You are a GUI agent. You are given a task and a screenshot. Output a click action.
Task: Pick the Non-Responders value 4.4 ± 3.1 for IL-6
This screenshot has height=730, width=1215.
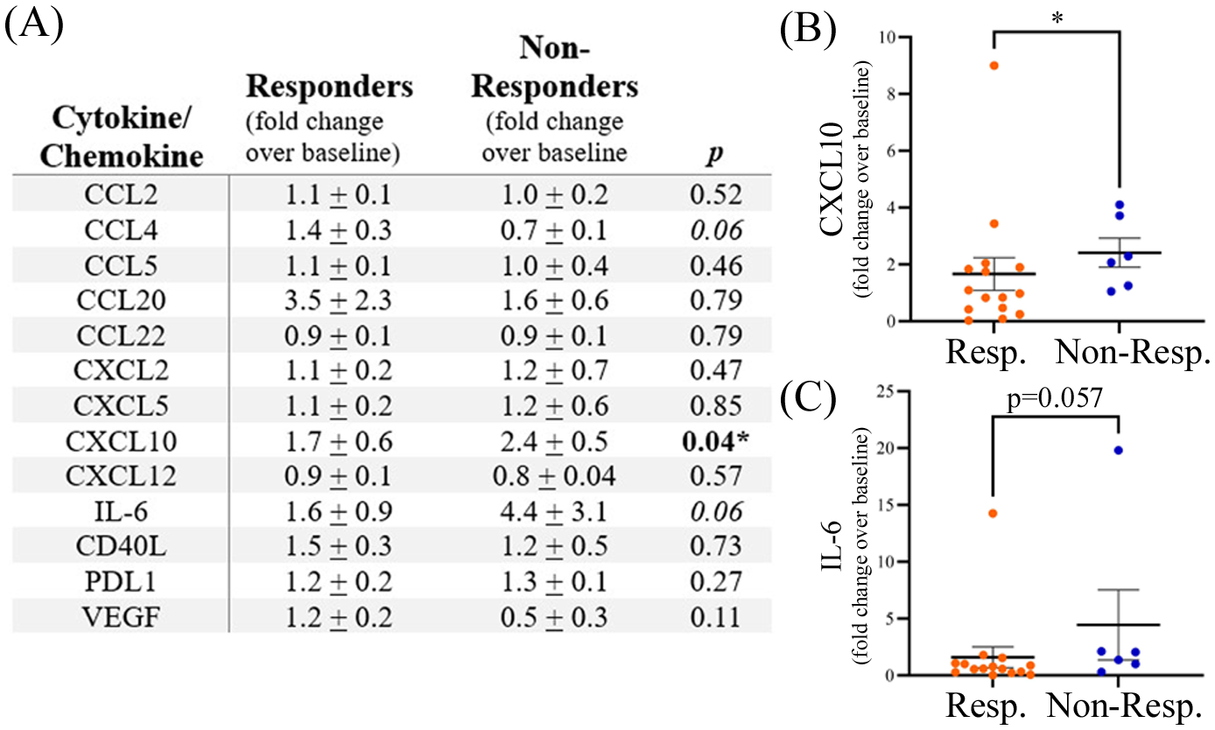(546, 509)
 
